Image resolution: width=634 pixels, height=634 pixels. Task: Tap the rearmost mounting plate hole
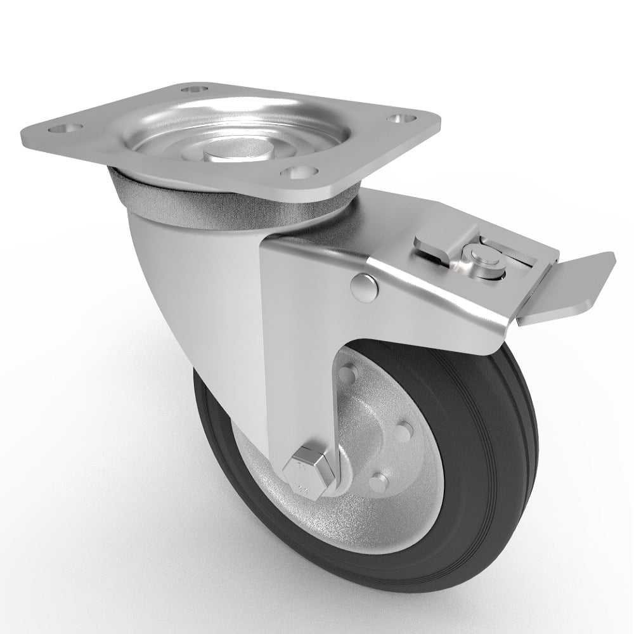click(x=195, y=89)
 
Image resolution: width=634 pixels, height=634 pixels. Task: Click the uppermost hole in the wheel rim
click(x=347, y=376)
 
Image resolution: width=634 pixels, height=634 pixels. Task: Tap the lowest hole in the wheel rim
click(x=378, y=482)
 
